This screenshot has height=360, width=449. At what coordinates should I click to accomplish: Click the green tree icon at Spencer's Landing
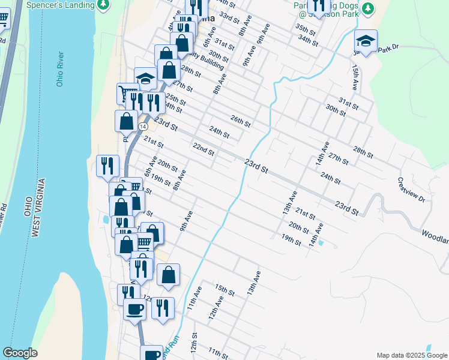104,5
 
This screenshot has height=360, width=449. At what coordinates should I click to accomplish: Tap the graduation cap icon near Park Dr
366,41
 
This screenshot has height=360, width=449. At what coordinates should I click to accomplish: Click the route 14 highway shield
142,127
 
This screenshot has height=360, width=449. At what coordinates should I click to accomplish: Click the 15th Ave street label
356,77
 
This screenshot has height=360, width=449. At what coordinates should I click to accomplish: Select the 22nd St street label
204,148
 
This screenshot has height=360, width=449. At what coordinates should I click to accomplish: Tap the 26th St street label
240,121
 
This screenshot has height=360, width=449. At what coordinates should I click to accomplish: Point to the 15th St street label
224,290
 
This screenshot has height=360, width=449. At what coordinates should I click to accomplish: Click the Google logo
20,353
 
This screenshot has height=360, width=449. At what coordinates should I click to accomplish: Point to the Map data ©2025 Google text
411,355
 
